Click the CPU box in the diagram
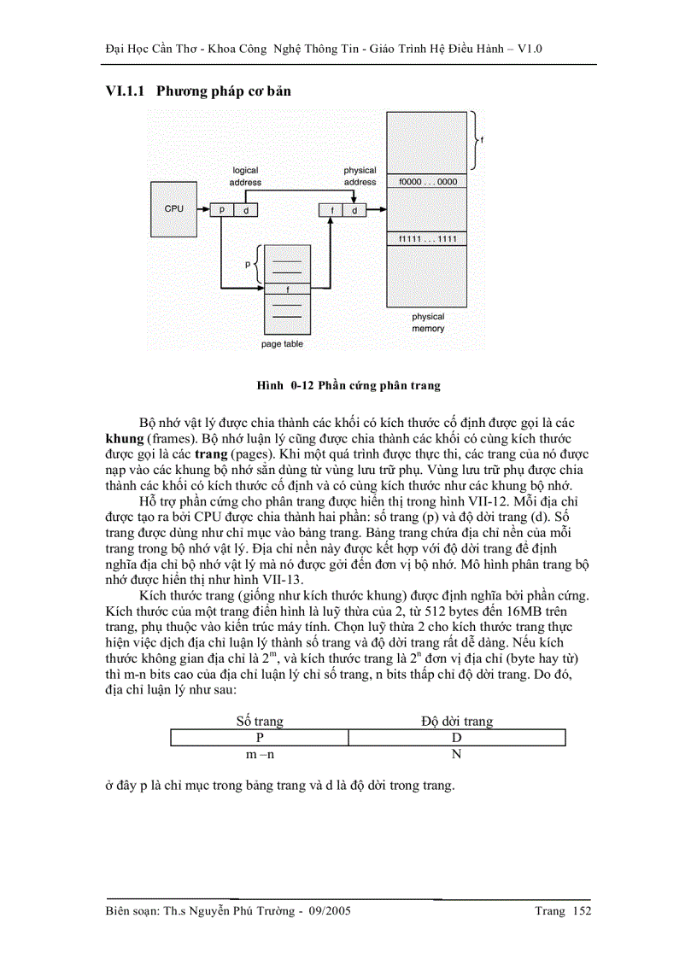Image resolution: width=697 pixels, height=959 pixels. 174,209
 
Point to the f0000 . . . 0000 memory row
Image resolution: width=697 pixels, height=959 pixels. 427,182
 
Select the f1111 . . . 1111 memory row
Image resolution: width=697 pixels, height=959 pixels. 427,238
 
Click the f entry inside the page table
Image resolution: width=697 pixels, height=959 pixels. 287,289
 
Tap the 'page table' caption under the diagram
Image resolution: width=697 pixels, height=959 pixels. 282,344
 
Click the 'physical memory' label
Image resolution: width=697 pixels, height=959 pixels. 428,322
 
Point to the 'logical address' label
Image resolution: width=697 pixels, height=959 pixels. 245,176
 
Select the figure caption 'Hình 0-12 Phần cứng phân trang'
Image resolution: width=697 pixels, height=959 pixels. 348,385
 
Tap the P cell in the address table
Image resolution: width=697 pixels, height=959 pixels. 259,737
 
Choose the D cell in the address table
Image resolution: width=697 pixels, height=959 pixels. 457,737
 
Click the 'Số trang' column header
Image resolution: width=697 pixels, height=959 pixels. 259,721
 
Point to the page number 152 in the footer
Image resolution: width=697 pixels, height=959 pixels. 583,911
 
